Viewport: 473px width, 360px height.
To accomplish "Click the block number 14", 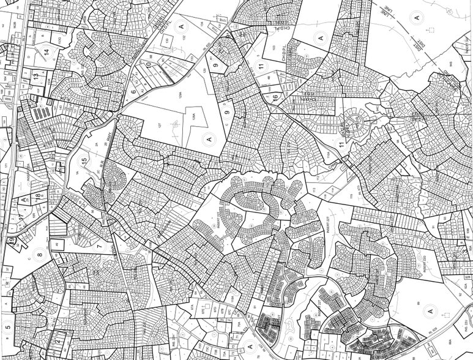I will (x=47, y=52).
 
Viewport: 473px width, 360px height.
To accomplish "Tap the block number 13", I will (x=36, y=76).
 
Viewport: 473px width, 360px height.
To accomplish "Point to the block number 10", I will (x=148, y=64).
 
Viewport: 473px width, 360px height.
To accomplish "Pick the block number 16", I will (x=275, y=97).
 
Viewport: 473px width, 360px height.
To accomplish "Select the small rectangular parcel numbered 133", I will (x=167, y=41).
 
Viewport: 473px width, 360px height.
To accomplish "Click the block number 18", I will (x=38, y=196).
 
